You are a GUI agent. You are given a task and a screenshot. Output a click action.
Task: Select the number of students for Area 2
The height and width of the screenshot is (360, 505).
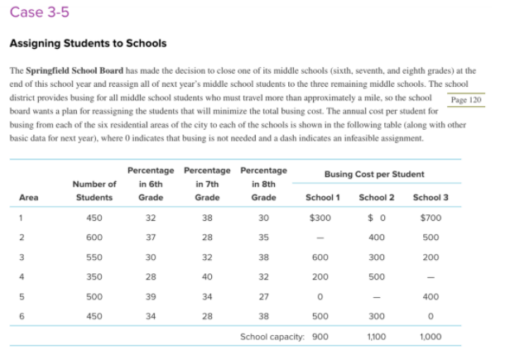pos(94,239)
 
